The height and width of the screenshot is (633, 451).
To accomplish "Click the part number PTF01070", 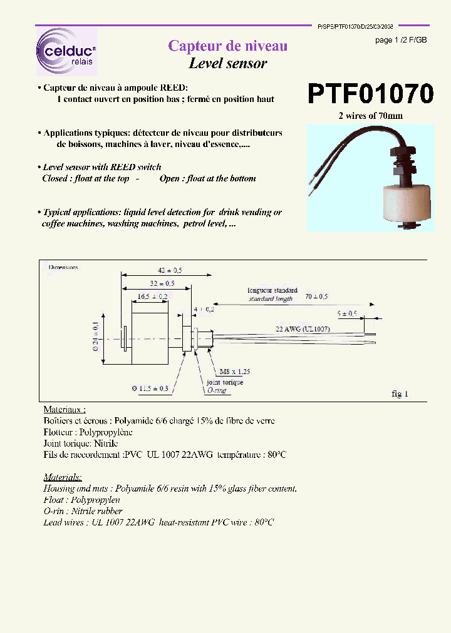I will [x=370, y=94].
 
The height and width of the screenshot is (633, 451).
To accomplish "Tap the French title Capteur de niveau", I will [x=228, y=46].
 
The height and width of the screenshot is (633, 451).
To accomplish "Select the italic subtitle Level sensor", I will [x=228, y=63].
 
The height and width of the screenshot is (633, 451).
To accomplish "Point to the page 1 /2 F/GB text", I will [x=401, y=40].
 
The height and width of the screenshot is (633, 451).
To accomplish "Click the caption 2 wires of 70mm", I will [x=370, y=116].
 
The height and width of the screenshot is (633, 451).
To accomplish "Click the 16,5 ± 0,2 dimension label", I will [x=149, y=295].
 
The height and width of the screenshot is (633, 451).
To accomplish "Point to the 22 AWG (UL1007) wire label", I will [x=303, y=328].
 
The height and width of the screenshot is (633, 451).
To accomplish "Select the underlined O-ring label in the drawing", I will [x=216, y=390].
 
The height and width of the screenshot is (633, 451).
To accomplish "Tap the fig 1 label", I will [x=400, y=394].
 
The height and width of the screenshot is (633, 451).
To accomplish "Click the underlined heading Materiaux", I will [x=65, y=409].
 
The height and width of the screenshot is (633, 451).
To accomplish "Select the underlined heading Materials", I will [x=63, y=477].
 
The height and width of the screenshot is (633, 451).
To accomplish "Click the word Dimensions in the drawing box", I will [x=63, y=267].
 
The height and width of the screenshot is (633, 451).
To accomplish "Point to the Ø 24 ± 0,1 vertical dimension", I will [x=95, y=338].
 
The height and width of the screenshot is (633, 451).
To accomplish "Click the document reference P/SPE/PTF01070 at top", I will [x=355, y=28].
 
